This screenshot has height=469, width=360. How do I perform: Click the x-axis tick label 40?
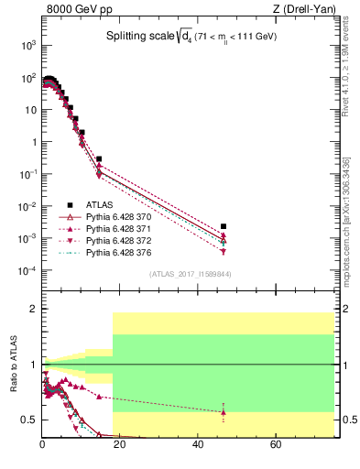(x=198, y=445)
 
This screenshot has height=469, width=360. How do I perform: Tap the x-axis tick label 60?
(x=276, y=445)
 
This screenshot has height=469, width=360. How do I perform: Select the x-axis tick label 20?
(x=120, y=445)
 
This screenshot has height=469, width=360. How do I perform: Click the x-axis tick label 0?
(x=42, y=445)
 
